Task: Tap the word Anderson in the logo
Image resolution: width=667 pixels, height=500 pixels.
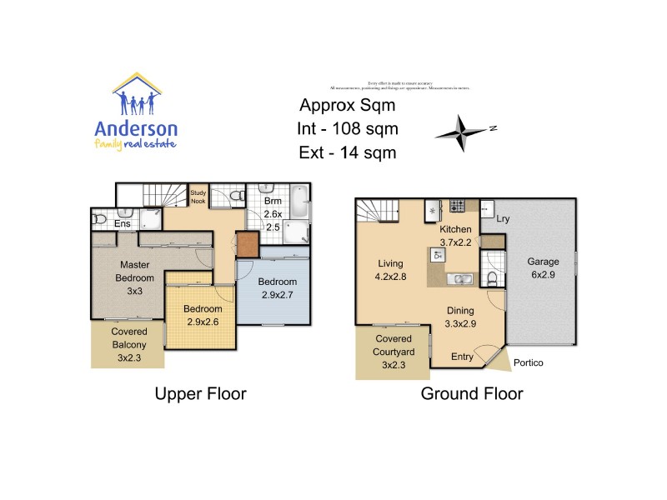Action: pos(136,128)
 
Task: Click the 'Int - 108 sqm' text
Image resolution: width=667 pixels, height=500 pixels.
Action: pos(347,129)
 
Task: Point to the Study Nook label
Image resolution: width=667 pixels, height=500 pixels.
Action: pos(199,196)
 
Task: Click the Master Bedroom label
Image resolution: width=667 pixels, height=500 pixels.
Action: pos(129,271)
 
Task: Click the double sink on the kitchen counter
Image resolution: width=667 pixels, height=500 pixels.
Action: pos(459,277)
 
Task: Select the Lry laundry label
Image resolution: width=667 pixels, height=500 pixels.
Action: pos(503,219)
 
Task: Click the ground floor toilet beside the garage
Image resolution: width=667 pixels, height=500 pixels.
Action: pos(494,277)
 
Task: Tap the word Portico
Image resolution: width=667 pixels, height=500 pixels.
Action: pos(529,362)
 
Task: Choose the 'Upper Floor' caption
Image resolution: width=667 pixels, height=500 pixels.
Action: pos(200,394)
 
